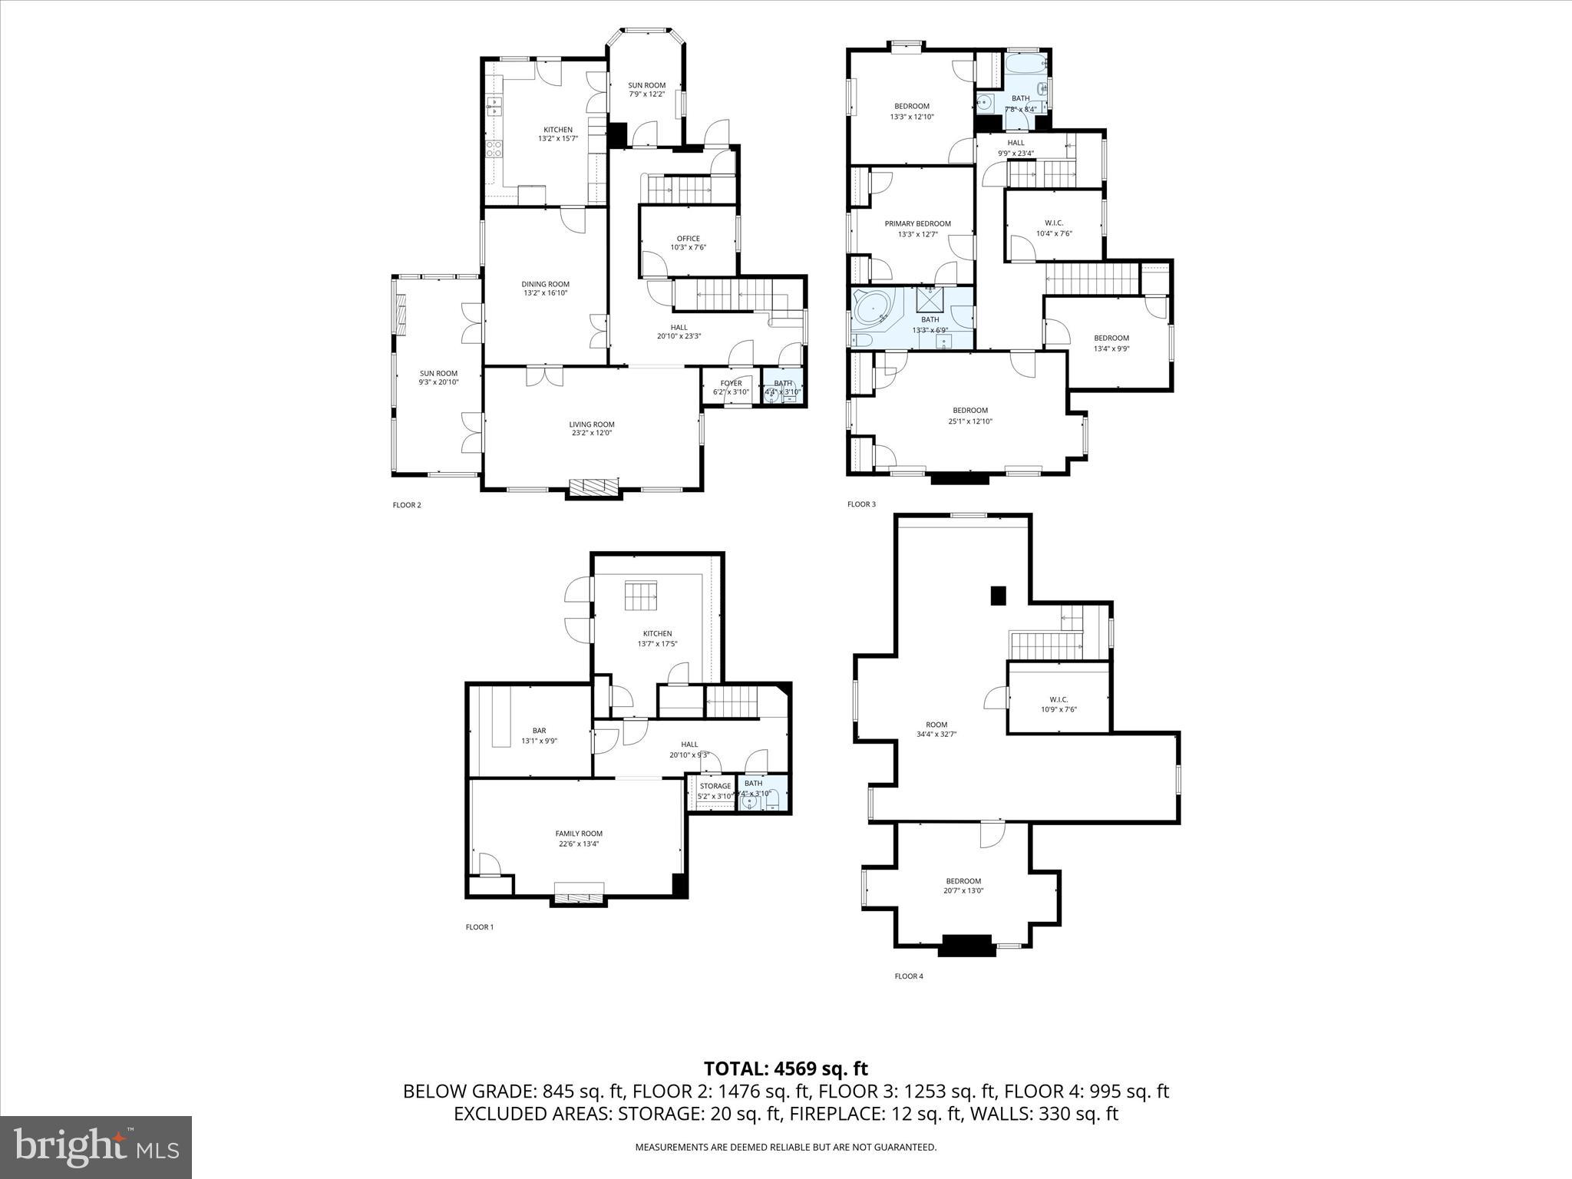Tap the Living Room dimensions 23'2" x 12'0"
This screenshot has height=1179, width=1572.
(x=591, y=433)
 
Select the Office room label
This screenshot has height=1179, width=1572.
(x=688, y=239)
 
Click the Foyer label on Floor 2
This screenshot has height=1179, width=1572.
(x=731, y=384)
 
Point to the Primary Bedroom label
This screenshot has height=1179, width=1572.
(x=917, y=224)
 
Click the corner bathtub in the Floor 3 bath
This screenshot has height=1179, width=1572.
(x=875, y=311)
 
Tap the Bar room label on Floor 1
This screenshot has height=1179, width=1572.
(x=539, y=731)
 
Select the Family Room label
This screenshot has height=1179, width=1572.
(x=579, y=834)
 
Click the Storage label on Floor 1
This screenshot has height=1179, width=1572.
(x=715, y=786)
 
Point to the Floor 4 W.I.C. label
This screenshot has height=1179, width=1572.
(x=1058, y=699)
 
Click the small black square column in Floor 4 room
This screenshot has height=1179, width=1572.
(x=998, y=596)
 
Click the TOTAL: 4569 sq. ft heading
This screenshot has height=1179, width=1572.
(x=785, y=1068)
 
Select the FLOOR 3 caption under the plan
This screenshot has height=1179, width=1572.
(x=860, y=504)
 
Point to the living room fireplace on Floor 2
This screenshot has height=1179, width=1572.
(x=593, y=487)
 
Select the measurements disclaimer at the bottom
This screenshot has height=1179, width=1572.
(x=785, y=1148)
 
